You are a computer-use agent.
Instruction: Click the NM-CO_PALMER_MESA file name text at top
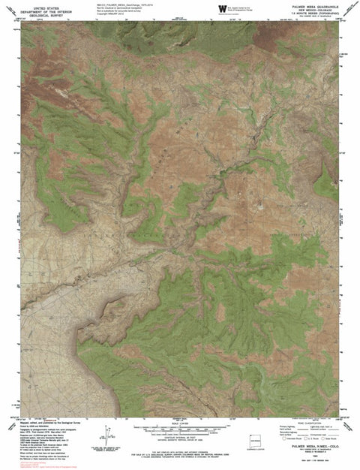pyautogui.click(x=124, y=4)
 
